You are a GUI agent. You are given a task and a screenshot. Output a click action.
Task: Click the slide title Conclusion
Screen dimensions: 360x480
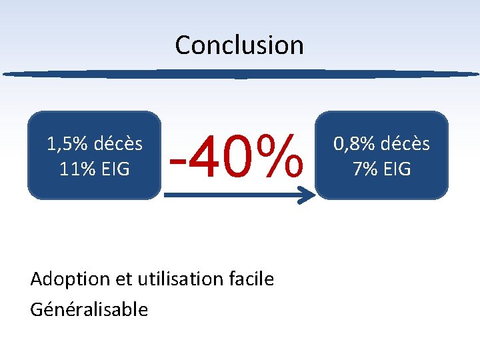click(x=239, y=45)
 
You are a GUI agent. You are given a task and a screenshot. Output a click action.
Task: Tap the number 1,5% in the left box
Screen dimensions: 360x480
click(x=68, y=144)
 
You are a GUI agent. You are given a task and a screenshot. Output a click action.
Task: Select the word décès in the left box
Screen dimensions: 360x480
click(x=118, y=144)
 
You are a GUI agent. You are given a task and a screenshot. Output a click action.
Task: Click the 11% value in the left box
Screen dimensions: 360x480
click(x=76, y=169)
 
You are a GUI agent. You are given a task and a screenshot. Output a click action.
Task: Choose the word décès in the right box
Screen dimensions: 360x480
click(x=406, y=144)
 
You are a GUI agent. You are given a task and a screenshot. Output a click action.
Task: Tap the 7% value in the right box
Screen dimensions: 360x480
click(x=365, y=169)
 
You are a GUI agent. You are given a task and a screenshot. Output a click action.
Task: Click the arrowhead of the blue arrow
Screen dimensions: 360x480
click(x=307, y=195)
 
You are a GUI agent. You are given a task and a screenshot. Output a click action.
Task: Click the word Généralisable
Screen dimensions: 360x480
click(x=89, y=309)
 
